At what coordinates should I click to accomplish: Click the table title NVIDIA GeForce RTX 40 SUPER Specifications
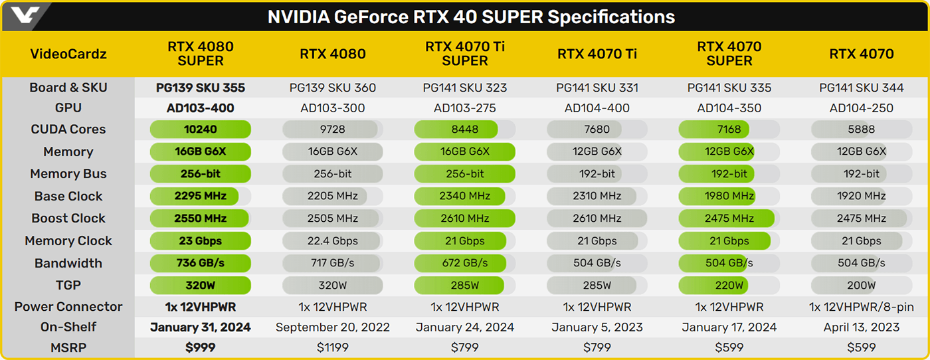pos(471,17)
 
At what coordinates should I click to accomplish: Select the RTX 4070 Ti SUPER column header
pos(465,54)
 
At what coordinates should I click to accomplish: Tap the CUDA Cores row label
pos(68,130)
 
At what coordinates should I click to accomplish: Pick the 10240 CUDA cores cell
pos(201,130)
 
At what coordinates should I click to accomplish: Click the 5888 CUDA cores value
pos(862,130)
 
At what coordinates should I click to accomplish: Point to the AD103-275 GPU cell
pos(465,108)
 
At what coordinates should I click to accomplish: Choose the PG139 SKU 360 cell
pos(333,88)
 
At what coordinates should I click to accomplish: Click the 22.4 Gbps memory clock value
pos(333,241)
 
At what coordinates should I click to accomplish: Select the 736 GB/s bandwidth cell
pos(201,263)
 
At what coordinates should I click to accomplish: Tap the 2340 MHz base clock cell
pos(465,196)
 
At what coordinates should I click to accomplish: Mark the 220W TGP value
pos(729,286)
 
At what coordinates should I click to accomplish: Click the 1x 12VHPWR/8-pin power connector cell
pos(862,307)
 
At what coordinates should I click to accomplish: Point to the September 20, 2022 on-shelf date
pos(333,327)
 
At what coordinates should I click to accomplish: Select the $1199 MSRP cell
pos(333,347)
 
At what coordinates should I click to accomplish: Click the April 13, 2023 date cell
pos(862,327)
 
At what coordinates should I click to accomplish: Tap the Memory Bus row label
pos(68,174)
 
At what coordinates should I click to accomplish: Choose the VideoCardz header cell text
pos(68,54)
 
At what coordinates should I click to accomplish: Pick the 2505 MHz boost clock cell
pos(333,219)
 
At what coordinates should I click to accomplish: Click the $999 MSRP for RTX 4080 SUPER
pos(201,347)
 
